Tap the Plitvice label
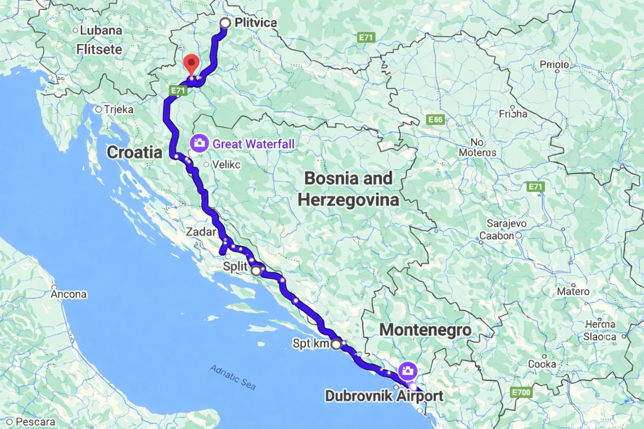coord(256,23)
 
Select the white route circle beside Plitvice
coord(225,23)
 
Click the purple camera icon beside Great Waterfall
coord(199,143)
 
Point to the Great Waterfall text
coord(253,144)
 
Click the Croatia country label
coord(134,153)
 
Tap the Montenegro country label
coord(425,330)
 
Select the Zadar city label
coord(201,232)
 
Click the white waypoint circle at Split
coord(256,271)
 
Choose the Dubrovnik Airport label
coord(384,396)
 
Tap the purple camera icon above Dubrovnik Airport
coord(407,371)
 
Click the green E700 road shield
coord(521,392)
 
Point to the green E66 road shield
coord(436,120)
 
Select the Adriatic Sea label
coord(233,377)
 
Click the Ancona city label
coord(68,294)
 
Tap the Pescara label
coord(35,422)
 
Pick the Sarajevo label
coord(506,223)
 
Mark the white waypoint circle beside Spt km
coord(336,344)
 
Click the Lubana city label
coord(101,30)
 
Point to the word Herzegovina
coord(348,200)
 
